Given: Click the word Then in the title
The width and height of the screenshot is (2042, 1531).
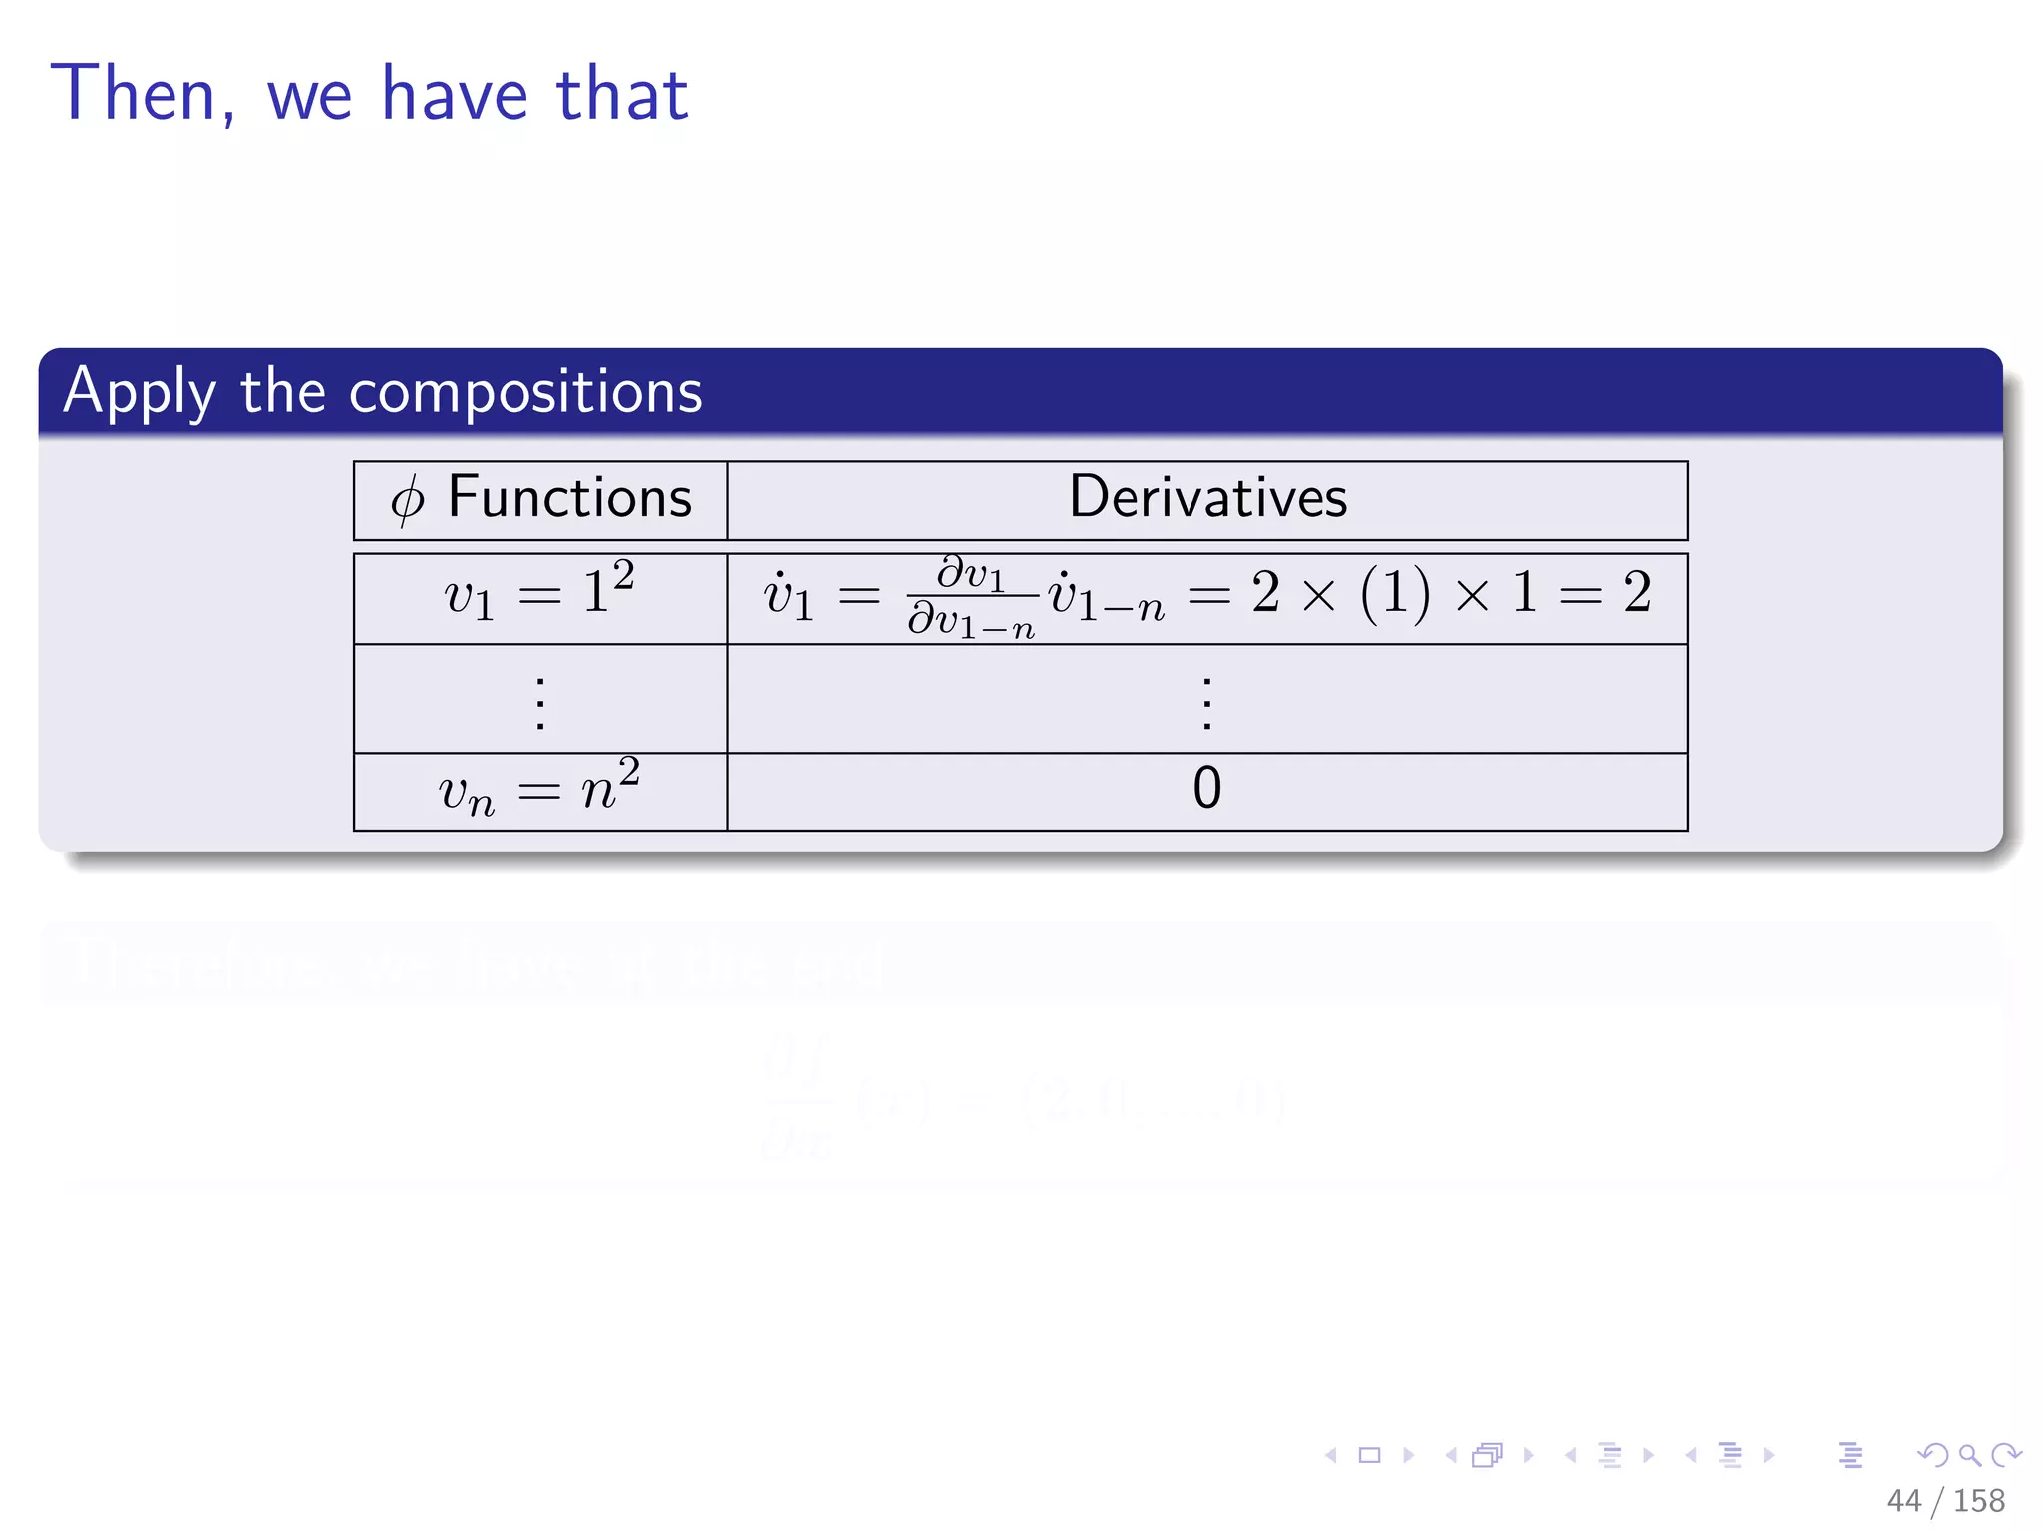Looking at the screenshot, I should [x=134, y=94].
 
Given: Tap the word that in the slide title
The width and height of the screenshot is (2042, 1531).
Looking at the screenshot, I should [x=622, y=94].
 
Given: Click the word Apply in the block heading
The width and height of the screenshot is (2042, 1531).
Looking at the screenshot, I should [x=139, y=392].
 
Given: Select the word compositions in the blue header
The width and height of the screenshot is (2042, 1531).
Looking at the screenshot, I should [x=525, y=391].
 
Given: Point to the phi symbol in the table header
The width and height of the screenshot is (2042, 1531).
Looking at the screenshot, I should [x=407, y=499].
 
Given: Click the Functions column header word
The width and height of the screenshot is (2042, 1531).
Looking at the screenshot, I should [x=569, y=497].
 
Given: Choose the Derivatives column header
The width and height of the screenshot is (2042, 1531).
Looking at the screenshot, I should [x=1207, y=497].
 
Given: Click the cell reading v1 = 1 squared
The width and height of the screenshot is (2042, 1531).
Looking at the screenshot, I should [x=539, y=595].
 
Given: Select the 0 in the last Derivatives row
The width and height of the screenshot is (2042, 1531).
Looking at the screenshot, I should [x=1206, y=789].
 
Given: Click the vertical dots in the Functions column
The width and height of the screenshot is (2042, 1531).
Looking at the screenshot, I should [x=539, y=704].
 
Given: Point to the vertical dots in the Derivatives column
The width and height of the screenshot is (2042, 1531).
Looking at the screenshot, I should [x=1206, y=704].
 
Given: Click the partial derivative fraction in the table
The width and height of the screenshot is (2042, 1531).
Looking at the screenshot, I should [x=971, y=598].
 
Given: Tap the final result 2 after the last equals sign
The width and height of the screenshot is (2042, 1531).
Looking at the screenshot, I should [x=1637, y=593].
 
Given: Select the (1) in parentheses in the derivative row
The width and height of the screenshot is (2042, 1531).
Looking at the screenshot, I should [x=1395, y=594].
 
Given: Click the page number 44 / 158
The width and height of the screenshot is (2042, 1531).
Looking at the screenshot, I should [x=1945, y=1500].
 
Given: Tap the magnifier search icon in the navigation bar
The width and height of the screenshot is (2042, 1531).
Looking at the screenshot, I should [x=1969, y=1455].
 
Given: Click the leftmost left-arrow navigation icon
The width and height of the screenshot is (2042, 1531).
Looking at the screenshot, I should [x=1330, y=1455].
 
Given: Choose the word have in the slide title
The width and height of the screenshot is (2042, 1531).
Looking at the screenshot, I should [x=455, y=94].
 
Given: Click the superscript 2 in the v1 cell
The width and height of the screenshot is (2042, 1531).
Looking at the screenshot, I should [x=623, y=575].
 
